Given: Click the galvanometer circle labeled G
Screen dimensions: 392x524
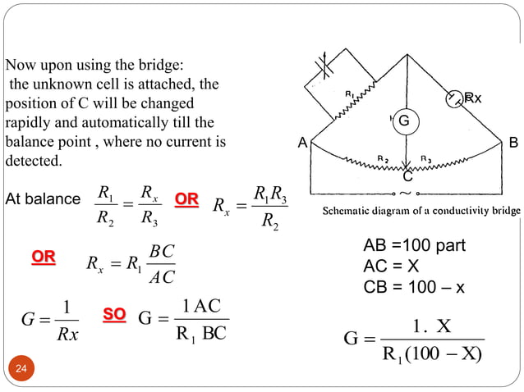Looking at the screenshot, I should tap(403, 121).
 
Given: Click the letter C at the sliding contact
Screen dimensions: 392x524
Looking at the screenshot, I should tap(407, 176).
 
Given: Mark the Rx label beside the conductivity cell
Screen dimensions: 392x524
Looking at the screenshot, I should tap(472, 98).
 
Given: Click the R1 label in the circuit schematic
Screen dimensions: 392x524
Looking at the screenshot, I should tap(348, 94).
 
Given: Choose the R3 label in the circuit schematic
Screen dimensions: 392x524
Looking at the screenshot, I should tap(427, 157).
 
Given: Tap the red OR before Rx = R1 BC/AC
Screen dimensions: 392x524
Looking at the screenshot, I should tap(44, 258).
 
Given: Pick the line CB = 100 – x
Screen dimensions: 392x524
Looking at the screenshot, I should tap(414, 287).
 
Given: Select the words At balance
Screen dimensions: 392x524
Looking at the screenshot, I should tap(40, 199).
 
